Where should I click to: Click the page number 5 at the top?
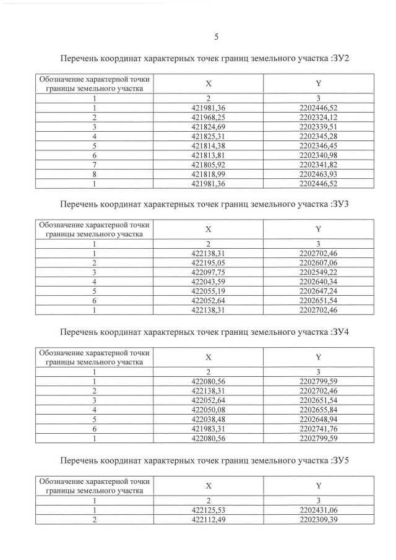(x=216, y=37)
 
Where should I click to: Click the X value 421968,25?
(x=209, y=117)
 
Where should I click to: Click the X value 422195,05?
(x=209, y=262)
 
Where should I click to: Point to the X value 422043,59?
(x=209, y=281)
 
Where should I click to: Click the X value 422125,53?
(x=209, y=510)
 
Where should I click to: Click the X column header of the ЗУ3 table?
(x=209, y=228)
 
